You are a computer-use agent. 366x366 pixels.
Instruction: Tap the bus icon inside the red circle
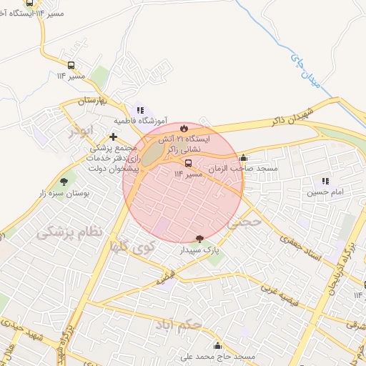tap(188, 163)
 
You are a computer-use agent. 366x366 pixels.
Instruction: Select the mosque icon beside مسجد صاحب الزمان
tap(244, 158)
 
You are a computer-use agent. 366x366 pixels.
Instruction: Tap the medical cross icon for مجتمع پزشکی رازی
tap(113, 136)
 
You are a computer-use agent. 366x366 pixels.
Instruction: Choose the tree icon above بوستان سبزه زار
tap(64, 182)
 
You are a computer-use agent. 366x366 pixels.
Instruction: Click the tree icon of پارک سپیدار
tap(199, 239)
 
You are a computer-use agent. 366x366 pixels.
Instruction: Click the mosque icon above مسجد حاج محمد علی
tap(217, 346)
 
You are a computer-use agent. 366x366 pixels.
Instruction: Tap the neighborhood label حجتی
tap(239, 224)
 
